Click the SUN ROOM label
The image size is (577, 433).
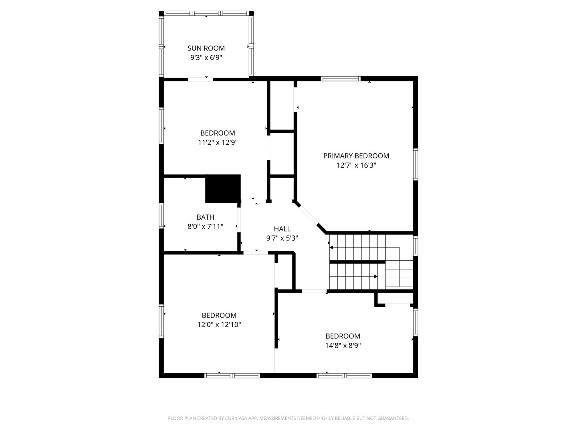(x=206, y=48)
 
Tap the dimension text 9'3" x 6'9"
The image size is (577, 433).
(x=206, y=58)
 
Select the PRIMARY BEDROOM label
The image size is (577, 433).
(x=356, y=156)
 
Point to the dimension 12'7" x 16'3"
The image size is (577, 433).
(x=356, y=165)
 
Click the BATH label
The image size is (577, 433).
(x=205, y=217)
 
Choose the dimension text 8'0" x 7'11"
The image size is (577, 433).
(x=205, y=227)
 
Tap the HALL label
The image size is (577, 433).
(x=282, y=229)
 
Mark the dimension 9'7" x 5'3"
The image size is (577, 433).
(x=282, y=238)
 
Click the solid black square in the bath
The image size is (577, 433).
(x=223, y=188)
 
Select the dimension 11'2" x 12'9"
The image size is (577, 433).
(x=218, y=142)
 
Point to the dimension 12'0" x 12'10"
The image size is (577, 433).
(x=219, y=325)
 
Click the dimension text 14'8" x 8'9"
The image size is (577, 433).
(x=343, y=346)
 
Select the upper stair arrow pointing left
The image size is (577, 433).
(x=332, y=248)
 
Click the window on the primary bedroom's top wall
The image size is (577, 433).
(x=340, y=79)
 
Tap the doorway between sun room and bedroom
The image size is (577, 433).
(x=200, y=79)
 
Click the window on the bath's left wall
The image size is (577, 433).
(x=161, y=216)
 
